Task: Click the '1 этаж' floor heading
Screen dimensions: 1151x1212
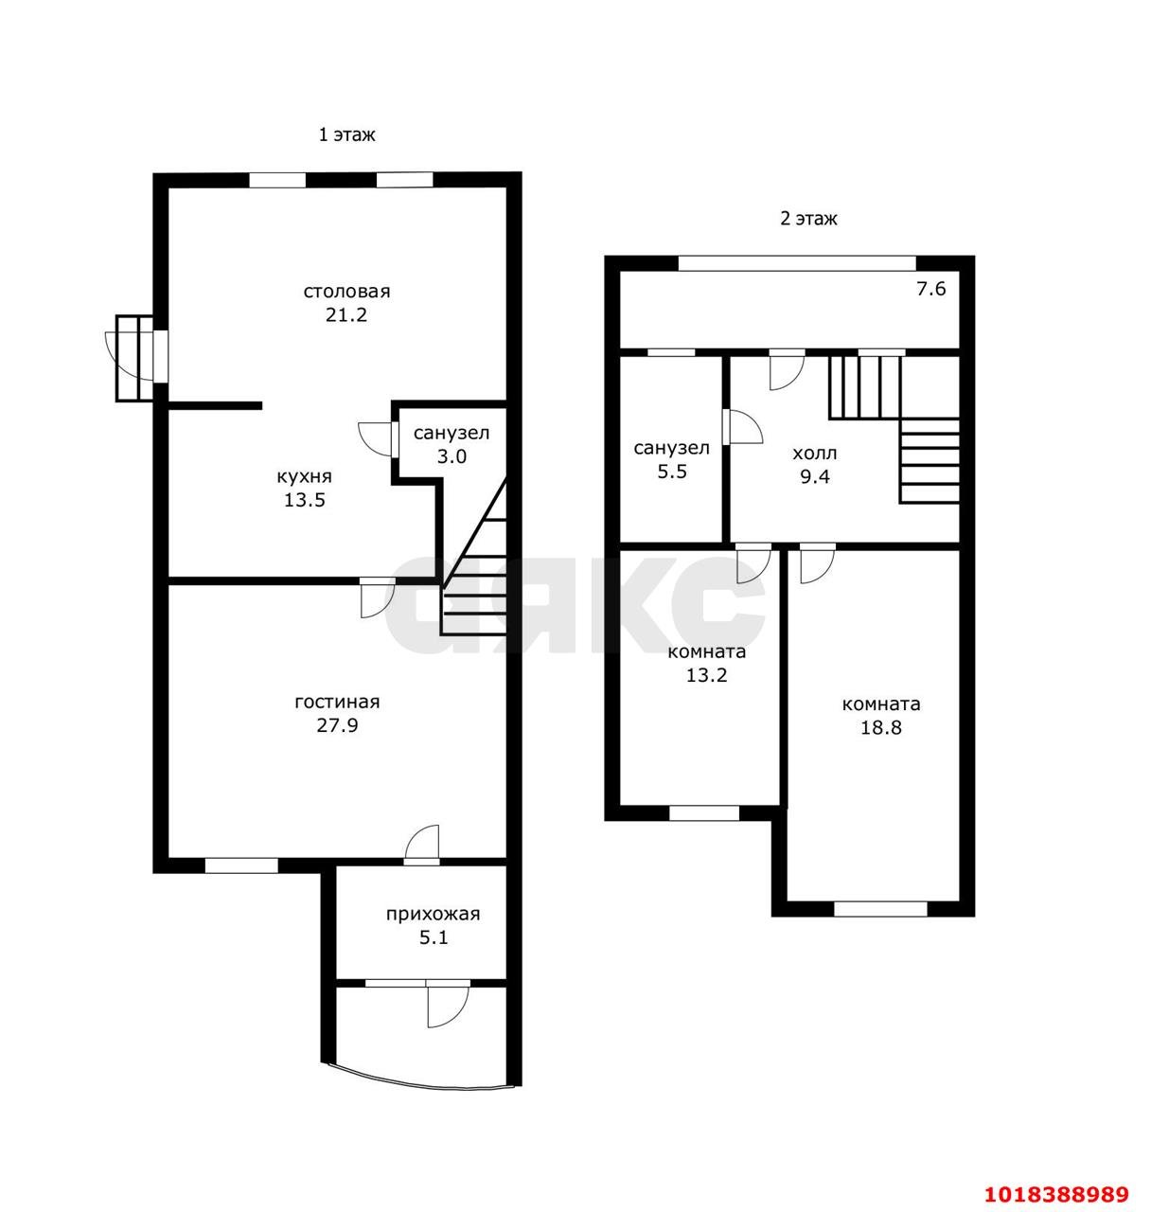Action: tap(345, 134)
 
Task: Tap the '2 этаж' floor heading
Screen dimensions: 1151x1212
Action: tap(808, 219)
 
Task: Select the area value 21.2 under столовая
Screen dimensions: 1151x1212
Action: tap(345, 315)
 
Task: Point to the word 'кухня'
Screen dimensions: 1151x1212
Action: tap(304, 476)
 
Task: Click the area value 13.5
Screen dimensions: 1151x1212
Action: tap(304, 500)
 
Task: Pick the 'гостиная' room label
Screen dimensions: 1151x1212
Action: tap(337, 703)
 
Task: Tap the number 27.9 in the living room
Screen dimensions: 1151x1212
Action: tap(337, 725)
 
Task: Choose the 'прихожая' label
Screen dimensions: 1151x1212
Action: tap(433, 915)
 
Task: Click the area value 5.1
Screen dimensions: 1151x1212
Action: tap(434, 937)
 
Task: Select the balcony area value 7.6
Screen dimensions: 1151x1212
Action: tap(930, 289)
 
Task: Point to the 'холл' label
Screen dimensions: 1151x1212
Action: tap(814, 454)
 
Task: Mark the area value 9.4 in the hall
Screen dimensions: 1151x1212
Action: tap(814, 476)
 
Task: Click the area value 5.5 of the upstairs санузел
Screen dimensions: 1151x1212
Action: tap(671, 472)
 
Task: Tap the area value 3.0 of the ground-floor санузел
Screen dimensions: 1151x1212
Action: tap(452, 456)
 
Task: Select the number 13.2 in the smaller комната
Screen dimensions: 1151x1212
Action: tap(706, 675)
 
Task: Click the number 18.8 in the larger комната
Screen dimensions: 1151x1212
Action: tap(881, 727)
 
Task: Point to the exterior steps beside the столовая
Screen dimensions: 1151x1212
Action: tap(134, 358)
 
